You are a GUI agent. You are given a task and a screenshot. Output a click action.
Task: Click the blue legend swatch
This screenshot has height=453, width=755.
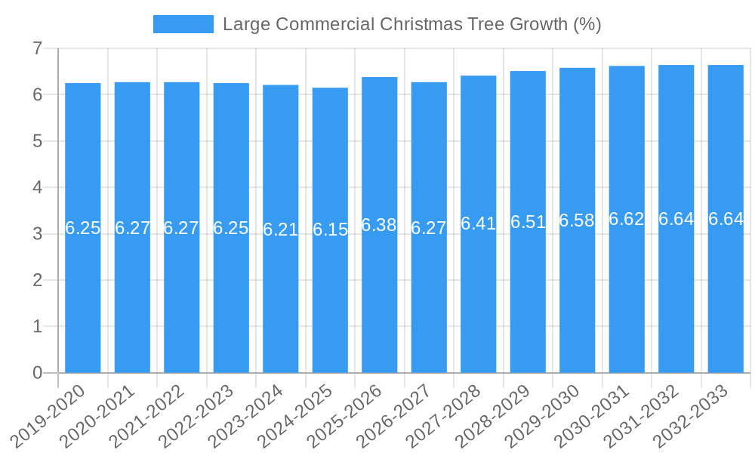[x=183, y=24]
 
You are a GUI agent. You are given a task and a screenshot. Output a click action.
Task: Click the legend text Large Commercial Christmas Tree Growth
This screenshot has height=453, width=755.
[x=411, y=24]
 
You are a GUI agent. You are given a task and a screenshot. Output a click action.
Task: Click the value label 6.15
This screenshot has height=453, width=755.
[x=330, y=230]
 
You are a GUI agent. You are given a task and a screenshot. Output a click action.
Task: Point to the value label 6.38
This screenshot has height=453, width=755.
[x=380, y=224]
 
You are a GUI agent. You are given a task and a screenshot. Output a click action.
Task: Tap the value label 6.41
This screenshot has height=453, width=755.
[x=479, y=223]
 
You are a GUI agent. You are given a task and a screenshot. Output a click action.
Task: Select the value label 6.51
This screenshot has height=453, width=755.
[x=528, y=222]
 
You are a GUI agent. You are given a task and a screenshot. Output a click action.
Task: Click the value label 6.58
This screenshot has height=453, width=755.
[x=578, y=220]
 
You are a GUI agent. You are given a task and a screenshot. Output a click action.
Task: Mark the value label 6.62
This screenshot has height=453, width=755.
[x=627, y=219]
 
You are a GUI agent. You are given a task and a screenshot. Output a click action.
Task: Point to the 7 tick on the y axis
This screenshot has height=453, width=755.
[x=37, y=48]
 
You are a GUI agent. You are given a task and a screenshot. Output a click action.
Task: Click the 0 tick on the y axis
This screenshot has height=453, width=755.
[x=37, y=373]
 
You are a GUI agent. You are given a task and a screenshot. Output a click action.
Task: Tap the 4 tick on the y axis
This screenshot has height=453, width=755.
[x=37, y=187]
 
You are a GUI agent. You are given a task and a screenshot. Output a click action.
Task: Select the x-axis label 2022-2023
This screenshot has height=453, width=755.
[x=205, y=416]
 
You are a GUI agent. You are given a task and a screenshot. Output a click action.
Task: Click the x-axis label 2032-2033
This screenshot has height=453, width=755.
[x=700, y=416]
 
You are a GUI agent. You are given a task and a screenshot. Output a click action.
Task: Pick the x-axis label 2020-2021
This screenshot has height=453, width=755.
[x=106, y=416]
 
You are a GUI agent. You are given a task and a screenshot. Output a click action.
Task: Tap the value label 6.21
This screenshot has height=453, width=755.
[x=281, y=229]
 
